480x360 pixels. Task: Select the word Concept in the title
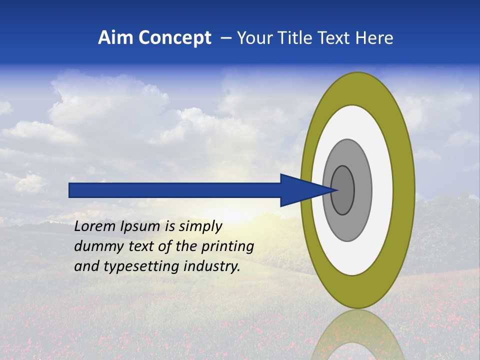point(175,38)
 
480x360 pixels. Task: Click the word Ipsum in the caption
point(141,227)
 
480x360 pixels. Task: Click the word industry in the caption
point(212,266)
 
